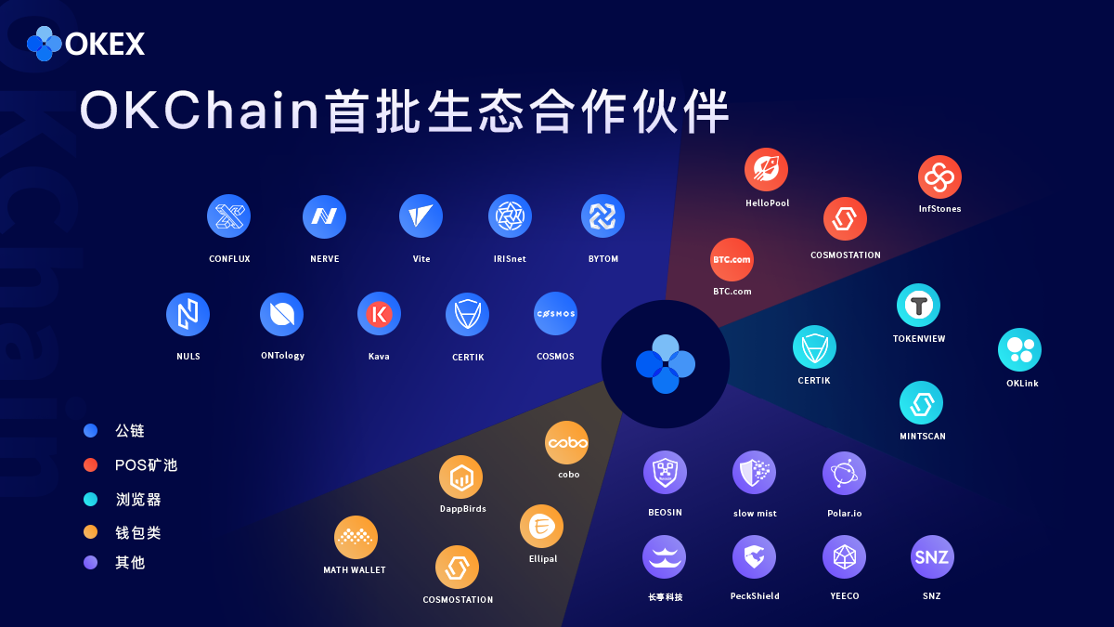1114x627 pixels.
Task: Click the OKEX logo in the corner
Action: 85,44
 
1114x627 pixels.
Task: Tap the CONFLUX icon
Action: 228,216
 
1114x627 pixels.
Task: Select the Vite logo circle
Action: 421,216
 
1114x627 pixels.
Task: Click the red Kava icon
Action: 379,314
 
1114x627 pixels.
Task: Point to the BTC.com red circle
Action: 732,259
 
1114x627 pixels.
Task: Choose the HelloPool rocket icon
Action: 766,169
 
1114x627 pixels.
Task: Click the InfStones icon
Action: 939,176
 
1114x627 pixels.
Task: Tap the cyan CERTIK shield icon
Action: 814,346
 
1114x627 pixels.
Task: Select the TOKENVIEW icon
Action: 918,305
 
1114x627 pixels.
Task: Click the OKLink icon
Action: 1019,350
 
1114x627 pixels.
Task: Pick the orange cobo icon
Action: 567,442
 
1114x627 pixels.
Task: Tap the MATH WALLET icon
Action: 356,538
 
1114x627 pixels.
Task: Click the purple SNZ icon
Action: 932,556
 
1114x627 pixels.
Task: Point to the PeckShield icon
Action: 754,556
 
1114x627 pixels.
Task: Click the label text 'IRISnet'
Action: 510,259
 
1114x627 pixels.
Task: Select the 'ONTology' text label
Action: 282,356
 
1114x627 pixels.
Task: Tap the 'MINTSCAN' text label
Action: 923,436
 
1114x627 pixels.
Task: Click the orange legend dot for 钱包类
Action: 91,532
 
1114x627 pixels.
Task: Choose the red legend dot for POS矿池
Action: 91,464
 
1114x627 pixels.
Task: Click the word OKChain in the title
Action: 200,110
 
